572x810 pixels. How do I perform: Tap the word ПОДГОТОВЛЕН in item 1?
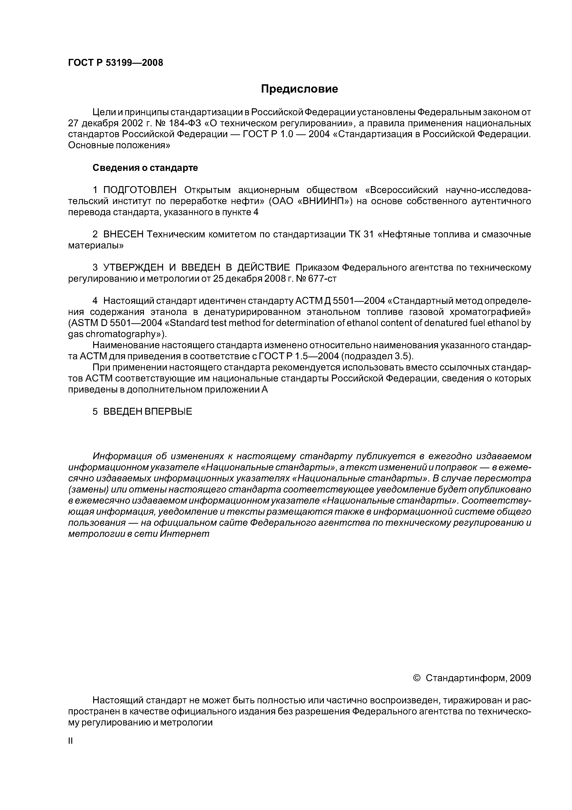click(140, 190)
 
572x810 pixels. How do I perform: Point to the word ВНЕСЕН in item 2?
click(123, 235)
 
